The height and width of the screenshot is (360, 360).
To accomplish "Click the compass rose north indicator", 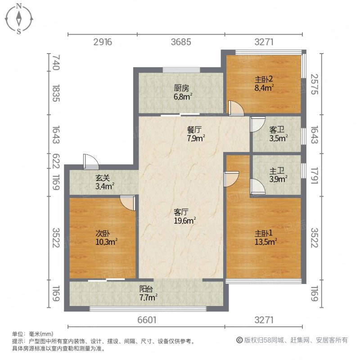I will coord(19,6).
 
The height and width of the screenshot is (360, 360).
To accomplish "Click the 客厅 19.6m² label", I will coord(185,216).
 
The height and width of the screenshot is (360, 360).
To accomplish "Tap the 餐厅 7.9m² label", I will coord(196,134).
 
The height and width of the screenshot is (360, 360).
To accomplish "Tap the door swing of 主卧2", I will coord(235,108).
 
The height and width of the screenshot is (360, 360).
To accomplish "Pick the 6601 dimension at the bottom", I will coord(146,320).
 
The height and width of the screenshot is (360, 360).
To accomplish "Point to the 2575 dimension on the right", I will coord(315,84).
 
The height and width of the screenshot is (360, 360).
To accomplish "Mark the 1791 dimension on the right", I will coord(315,175).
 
